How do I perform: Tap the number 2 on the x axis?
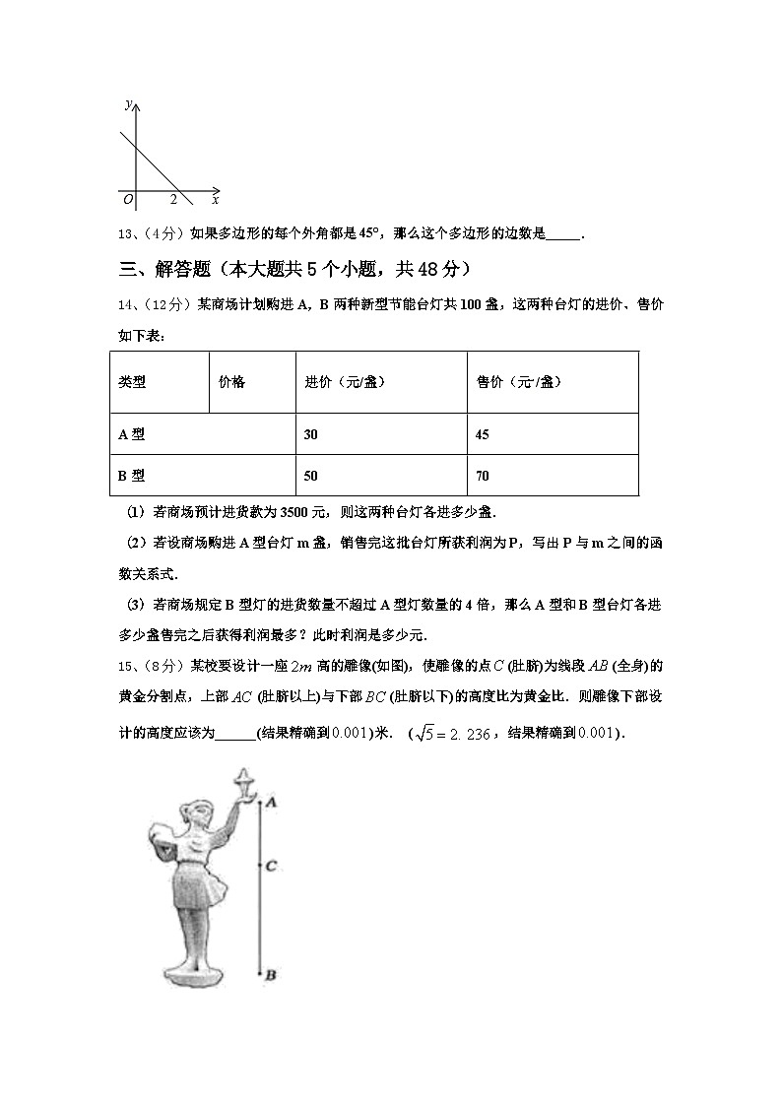coord(172,200)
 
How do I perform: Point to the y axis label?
coord(129,103)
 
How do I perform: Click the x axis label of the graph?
coord(214,200)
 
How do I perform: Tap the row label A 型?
coord(132,434)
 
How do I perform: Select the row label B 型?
coord(132,476)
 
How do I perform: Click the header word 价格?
coord(232,382)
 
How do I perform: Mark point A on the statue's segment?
coord(260,803)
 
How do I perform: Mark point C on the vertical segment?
coord(260,866)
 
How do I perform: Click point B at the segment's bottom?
coord(260,973)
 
